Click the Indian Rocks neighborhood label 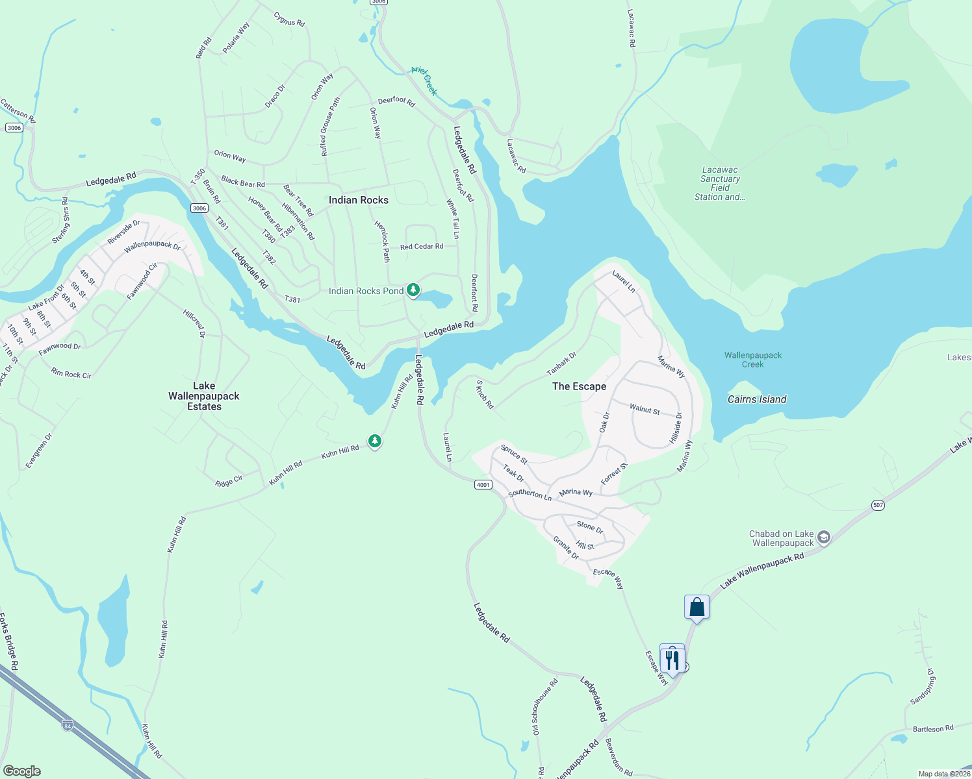pyautogui.click(x=358, y=200)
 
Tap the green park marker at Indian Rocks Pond pyautogui.click(x=413, y=290)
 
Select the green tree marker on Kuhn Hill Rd pyautogui.click(x=374, y=441)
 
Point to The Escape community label pyautogui.click(x=579, y=386)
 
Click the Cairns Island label pyautogui.click(x=757, y=399)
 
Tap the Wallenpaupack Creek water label pyautogui.click(x=753, y=360)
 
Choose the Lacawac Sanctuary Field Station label pyautogui.click(x=720, y=184)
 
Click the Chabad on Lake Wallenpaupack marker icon pyautogui.click(x=824, y=537)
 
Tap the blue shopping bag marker pyautogui.click(x=697, y=607)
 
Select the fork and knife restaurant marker pyautogui.click(x=672, y=660)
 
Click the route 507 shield pyautogui.click(x=878, y=505)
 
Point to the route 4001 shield pyautogui.click(x=483, y=485)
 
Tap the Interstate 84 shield pyautogui.click(x=68, y=725)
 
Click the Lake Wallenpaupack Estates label pyautogui.click(x=204, y=396)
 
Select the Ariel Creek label pyautogui.click(x=424, y=80)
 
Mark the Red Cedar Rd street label pyautogui.click(x=422, y=247)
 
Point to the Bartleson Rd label pyautogui.click(x=932, y=729)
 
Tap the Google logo pyautogui.click(x=21, y=771)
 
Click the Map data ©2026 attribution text pyautogui.click(x=944, y=774)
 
